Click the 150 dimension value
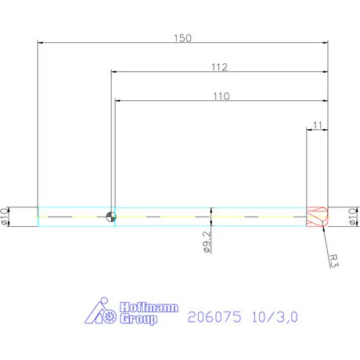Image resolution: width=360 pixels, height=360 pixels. click(x=182, y=36)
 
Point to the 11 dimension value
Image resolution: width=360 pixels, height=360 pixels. click(x=316, y=124)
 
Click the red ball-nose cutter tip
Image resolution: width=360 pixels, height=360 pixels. click(x=316, y=217)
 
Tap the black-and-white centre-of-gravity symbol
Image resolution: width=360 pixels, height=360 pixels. click(x=110, y=217)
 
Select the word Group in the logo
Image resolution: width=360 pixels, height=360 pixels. click(x=139, y=319)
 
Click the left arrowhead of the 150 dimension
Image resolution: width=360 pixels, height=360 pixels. click(x=41, y=42)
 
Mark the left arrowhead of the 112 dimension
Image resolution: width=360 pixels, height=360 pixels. click(x=113, y=72)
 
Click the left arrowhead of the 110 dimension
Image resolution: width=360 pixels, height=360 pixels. click(x=118, y=101)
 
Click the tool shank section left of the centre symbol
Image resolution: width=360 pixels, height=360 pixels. click(x=72, y=217)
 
